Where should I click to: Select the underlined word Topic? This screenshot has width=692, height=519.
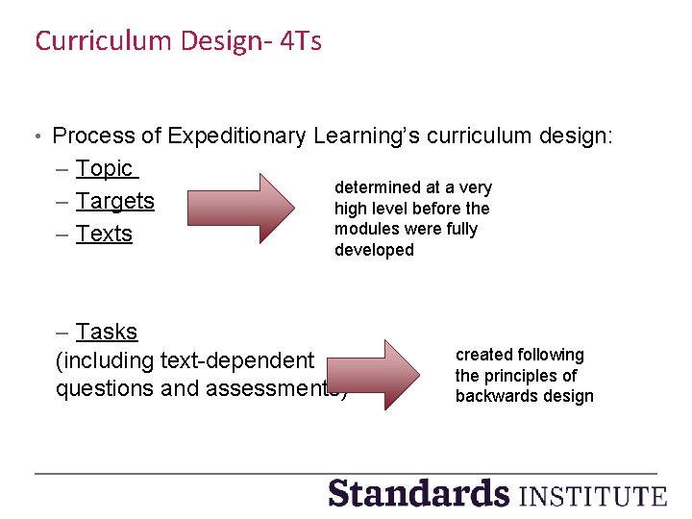[105, 168]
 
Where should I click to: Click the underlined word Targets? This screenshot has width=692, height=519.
[115, 201]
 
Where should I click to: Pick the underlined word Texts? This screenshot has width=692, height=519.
[105, 234]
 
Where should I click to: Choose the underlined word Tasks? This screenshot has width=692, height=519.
[107, 332]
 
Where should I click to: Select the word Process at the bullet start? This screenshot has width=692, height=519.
[89, 136]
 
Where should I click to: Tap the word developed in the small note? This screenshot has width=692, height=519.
[374, 250]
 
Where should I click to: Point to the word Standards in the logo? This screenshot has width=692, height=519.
[418, 493]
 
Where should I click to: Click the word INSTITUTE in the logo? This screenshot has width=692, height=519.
[592, 496]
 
